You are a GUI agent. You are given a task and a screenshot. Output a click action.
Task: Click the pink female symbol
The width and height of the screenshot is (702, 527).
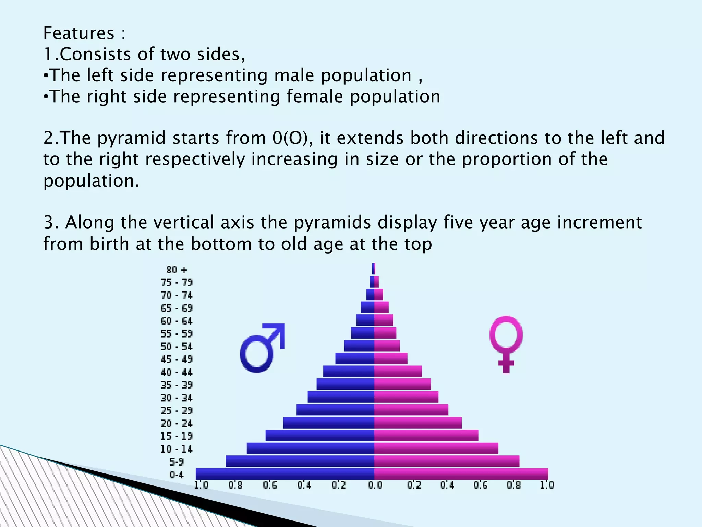pyautogui.click(x=506, y=343)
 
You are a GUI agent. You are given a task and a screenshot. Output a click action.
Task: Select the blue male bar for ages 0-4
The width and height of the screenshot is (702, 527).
pyautogui.click(x=285, y=474)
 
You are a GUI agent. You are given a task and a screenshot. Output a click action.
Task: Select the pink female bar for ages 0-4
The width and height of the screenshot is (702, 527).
pyautogui.click(x=461, y=474)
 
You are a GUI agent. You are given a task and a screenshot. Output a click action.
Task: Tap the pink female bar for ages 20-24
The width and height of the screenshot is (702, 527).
pyautogui.click(x=418, y=423)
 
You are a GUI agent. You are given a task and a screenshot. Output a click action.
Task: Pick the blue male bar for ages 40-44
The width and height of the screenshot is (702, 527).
pyautogui.click(x=349, y=372)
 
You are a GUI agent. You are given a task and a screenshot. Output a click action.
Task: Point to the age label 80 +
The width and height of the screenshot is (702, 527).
pyautogui.click(x=177, y=270)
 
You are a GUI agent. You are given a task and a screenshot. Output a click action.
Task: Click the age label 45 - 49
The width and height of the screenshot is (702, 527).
pyautogui.click(x=177, y=359)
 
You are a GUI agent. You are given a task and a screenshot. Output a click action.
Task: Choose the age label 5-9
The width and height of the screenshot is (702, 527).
pyautogui.click(x=177, y=462)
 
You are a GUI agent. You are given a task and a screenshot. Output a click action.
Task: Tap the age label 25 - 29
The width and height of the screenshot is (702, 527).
pyautogui.click(x=177, y=410)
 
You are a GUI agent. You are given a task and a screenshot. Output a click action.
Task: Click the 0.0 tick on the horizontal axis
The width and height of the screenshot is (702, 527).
pyautogui.click(x=375, y=485)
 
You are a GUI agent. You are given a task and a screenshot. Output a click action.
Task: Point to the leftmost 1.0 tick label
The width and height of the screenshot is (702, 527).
pyautogui.click(x=201, y=485)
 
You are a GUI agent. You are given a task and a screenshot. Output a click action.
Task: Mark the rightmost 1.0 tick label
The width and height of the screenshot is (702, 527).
pyautogui.click(x=547, y=485)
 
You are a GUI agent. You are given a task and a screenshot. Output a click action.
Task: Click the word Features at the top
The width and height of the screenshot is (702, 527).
pyautogui.click(x=78, y=33)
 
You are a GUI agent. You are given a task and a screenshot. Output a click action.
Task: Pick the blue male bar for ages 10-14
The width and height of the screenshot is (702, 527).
pyautogui.click(x=310, y=448)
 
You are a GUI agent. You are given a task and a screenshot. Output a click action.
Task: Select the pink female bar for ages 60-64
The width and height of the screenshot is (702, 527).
pyautogui.click(x=384, y=320)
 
